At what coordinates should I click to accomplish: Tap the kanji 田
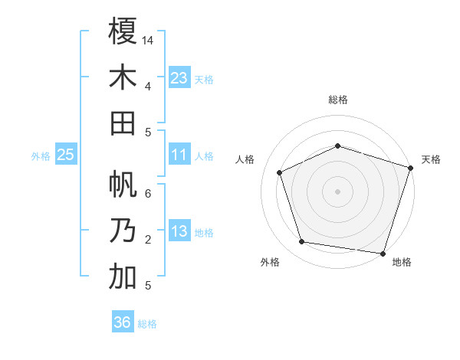point(123,123)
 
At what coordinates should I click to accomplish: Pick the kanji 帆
point(123,185)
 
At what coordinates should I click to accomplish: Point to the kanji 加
point(123,277)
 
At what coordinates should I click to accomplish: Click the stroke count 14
point(148,41)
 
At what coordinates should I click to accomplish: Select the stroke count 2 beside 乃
point(148,240)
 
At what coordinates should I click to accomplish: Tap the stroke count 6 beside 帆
point(148,194)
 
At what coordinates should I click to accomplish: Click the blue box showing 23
point(179,77)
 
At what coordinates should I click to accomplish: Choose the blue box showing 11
point(179,155)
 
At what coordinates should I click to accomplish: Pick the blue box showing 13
point(179,231)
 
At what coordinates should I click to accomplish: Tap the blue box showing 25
point(66,155)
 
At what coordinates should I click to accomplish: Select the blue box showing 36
point(123,322)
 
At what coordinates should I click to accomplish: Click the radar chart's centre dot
point(337,191)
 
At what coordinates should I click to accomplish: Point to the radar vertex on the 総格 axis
point(337,146)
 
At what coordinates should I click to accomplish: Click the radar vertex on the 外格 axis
point(301,242)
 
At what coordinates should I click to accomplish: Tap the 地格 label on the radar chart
point(402,262)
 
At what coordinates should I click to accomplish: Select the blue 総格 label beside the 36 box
point(148,324)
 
